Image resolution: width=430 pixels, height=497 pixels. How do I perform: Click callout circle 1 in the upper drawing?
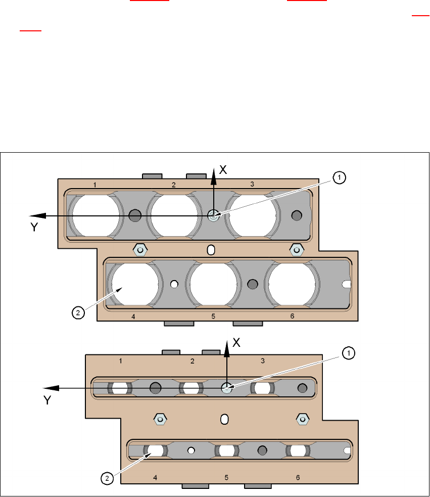click(x=340, y=177)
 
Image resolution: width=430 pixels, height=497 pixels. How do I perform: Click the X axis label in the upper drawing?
click(x=223, y=170)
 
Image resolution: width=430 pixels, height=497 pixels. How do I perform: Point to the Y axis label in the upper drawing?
click(x=34, y=228)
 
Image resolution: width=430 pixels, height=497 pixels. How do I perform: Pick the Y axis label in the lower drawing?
click(x=47, y=400)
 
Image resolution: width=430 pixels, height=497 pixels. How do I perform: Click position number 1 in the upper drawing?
click(x=95, y=185)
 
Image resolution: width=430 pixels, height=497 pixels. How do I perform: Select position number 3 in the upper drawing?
click(x=252, y=185)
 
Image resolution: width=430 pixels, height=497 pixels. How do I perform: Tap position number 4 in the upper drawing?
click(x=133, y=317)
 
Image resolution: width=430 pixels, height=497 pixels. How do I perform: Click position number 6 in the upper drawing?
click(x=292, y=317)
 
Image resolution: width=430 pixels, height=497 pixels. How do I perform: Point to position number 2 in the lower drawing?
click(x=193, y=361)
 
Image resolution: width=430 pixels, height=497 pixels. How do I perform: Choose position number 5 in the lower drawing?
click(x=226, y=477)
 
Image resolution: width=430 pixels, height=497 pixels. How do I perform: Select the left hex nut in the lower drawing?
click(x=160, y=419)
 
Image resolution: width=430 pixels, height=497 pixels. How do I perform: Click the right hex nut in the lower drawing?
click(x=302, y=419)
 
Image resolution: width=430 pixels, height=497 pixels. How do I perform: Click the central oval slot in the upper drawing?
click(x=211, y=249)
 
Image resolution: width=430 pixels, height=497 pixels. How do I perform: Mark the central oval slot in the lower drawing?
click(x=225, y=419)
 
